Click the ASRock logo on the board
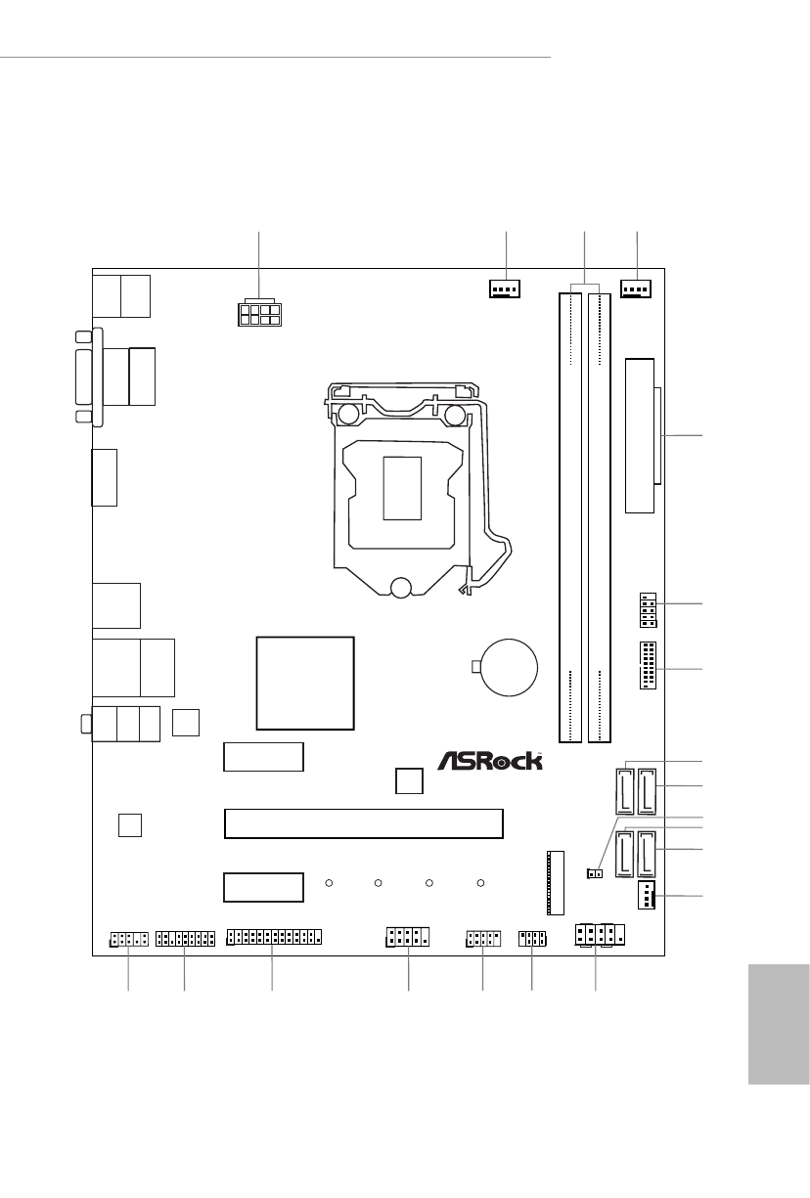coord(489,760)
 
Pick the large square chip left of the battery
coord(304,683)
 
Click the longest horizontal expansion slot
coord(364,823)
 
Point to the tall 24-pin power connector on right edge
coord(642,435)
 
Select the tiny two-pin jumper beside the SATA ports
coord(592,872)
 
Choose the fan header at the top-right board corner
coord(637,289)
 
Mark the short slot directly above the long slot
coord(263,757)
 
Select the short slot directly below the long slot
coord(263,887)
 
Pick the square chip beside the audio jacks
coord(185,722)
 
